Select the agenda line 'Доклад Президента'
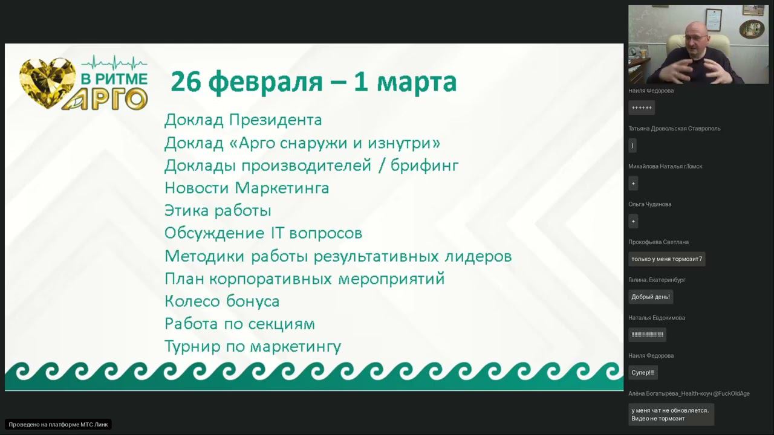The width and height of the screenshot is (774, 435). (243, 120)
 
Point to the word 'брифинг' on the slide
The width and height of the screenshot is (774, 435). (424, 166)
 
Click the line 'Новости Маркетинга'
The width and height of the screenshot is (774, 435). (247, 188)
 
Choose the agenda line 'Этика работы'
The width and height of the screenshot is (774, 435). (218, 211)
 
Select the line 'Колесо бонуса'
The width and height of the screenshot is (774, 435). (222, 301)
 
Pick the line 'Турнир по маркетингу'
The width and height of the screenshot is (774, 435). (253, 347)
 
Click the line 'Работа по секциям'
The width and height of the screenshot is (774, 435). (239, 324)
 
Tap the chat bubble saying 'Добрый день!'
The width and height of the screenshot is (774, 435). (651, 297)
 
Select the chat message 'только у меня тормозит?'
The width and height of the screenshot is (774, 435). (666, 259)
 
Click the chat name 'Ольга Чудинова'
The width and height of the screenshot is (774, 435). (649, 204)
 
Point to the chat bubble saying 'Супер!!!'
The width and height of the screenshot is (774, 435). (643, 373)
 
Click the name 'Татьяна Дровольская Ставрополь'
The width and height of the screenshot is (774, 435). (674, 129)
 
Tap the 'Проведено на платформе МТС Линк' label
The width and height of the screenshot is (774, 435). (59, 425)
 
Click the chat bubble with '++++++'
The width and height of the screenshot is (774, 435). (642, 108)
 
